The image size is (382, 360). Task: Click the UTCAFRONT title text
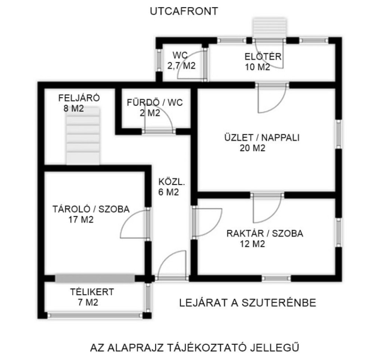pyautogui.click(x=184, y=11)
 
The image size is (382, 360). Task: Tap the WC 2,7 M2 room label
pyautogui.click(x=182, y=61)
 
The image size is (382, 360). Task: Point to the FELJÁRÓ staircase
pyautogui.click(x=83, y=136)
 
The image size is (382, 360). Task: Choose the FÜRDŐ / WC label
pyautogui.click(x=155, y=102)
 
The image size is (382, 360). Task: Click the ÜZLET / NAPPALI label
pyautogui.click(x=262, y=138)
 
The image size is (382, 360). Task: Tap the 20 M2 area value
pyautogui.click(x=253, y=148)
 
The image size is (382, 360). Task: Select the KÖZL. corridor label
pyautogui.click(x=172, y=182)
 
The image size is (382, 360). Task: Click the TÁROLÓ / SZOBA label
pyautogui.click(x=91, y=209)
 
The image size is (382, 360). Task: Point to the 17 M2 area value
pyautogui.click(x=81, y=220)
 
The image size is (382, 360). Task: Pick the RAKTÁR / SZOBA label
pyautogui.click(x=265, y=233)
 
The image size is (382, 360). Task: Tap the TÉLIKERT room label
pyautogui.click(x=92, y=292)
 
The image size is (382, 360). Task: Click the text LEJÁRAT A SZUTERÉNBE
pyautogui.click(x=248, y=303)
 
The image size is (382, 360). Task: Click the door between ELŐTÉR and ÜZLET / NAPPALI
pyautogui.click(x=272, y=97)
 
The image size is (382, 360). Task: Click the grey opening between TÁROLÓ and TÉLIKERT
pyautogui.click(x=95, y=278)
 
